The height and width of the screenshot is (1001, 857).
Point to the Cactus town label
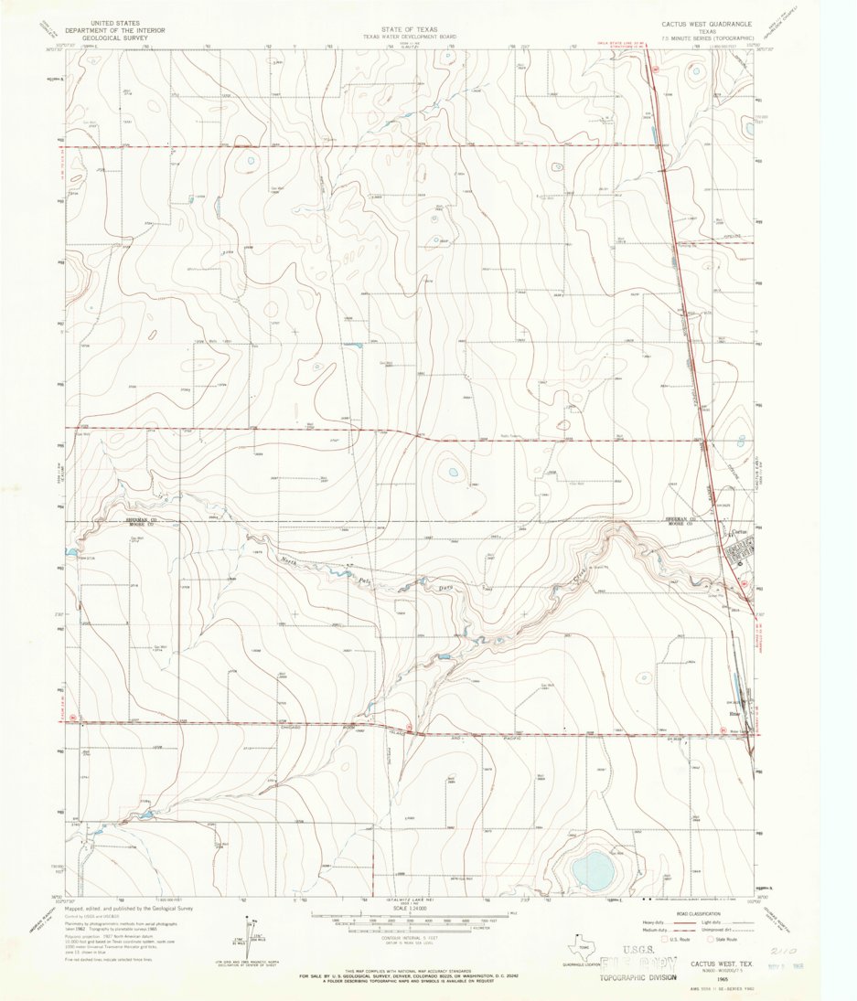742,533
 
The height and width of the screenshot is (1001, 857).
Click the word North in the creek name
290,559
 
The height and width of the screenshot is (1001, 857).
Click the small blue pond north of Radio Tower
451,473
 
